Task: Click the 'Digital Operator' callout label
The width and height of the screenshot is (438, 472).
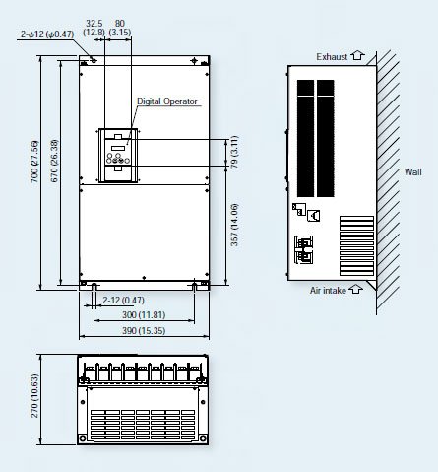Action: [x=167, y=101]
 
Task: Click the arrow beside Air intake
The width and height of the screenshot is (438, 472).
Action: [x=355, y=290]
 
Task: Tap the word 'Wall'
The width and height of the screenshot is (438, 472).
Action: [x=412, y=171]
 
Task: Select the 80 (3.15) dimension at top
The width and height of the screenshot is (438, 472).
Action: [x=120, y=26]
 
